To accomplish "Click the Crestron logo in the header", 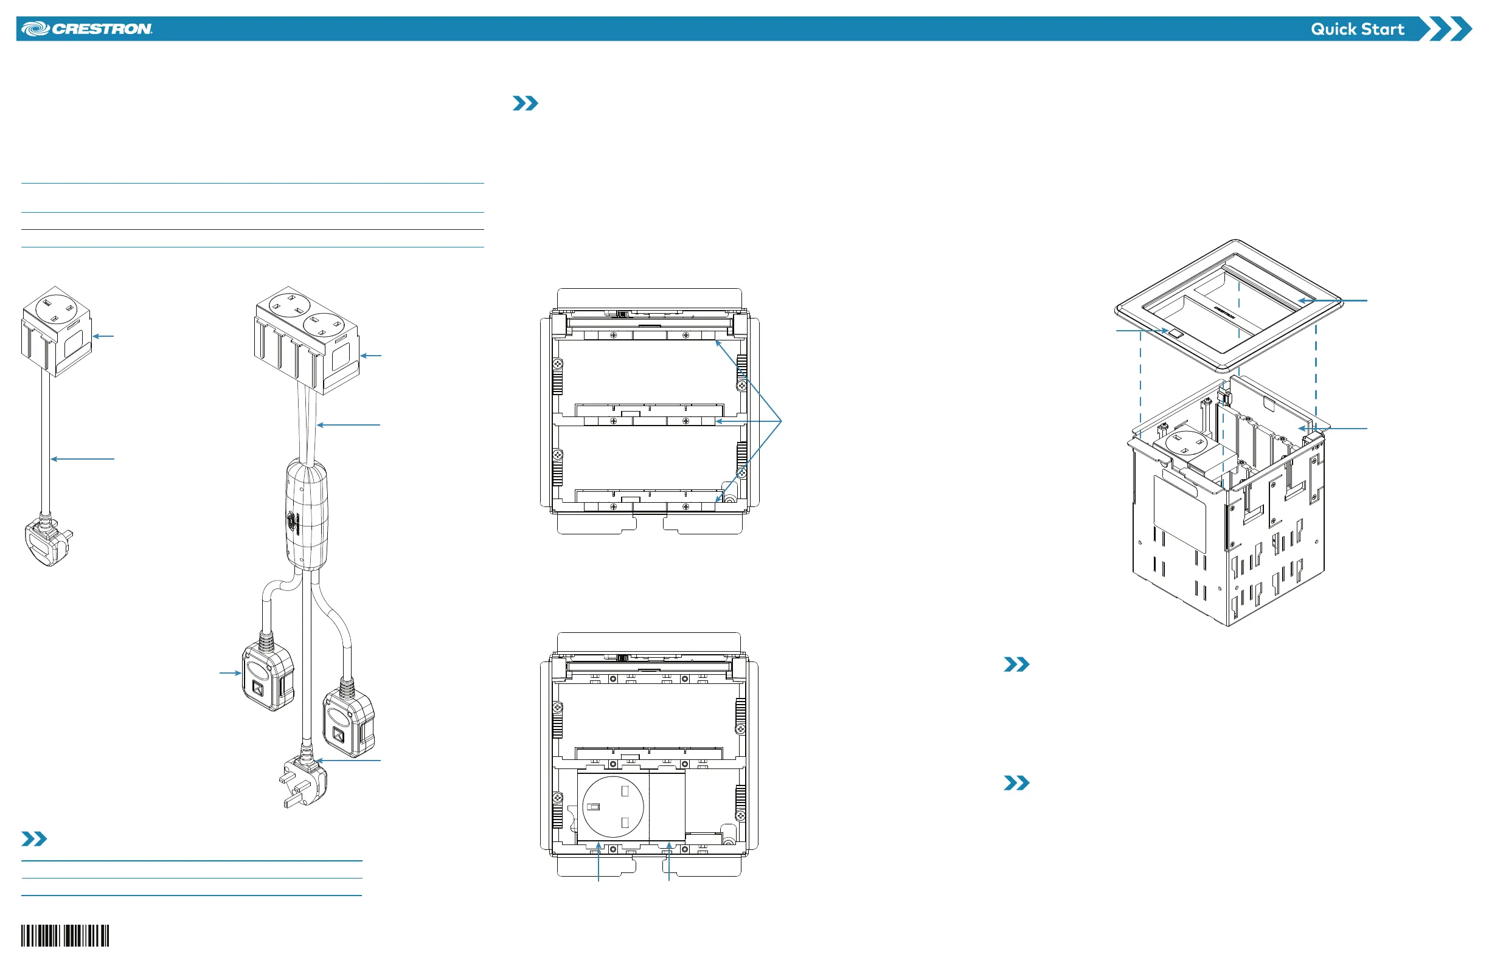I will click(x=87, y=29).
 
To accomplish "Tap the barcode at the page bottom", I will click(x=65, y=936).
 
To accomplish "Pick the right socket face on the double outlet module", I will click(x=325, y=325).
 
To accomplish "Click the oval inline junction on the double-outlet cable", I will click(x=307, y=516).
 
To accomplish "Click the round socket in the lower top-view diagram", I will click(x=613, y=807).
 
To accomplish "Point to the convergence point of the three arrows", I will click(x=782, y=421).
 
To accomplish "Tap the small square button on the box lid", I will click(x=1176, y=334).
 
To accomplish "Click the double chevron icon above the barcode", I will click(x=35, y=838).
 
